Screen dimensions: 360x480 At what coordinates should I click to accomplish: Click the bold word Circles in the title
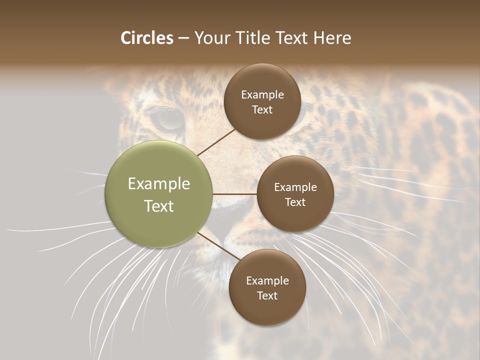tap(147, 38)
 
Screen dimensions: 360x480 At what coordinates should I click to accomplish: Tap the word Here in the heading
tap(332, 38)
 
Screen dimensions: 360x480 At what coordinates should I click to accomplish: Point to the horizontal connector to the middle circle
tap(234, 194)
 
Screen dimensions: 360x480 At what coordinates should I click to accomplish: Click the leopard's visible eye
tap(168, 118)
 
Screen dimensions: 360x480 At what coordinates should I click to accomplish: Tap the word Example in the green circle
tap(159, 184)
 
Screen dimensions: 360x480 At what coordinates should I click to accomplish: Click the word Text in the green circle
tap(159, 206)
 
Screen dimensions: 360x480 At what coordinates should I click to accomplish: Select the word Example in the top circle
tap(262, 95)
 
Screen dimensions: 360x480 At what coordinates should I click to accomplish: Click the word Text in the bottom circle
tap(267, 296)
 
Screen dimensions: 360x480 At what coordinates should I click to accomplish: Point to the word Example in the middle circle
tap(295, 187)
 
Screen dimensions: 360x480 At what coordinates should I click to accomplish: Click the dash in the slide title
tap(183, 38)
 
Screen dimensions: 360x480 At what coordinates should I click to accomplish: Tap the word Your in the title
tap(210, 38)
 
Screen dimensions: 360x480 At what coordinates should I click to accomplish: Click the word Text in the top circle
tap(262, 110)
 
